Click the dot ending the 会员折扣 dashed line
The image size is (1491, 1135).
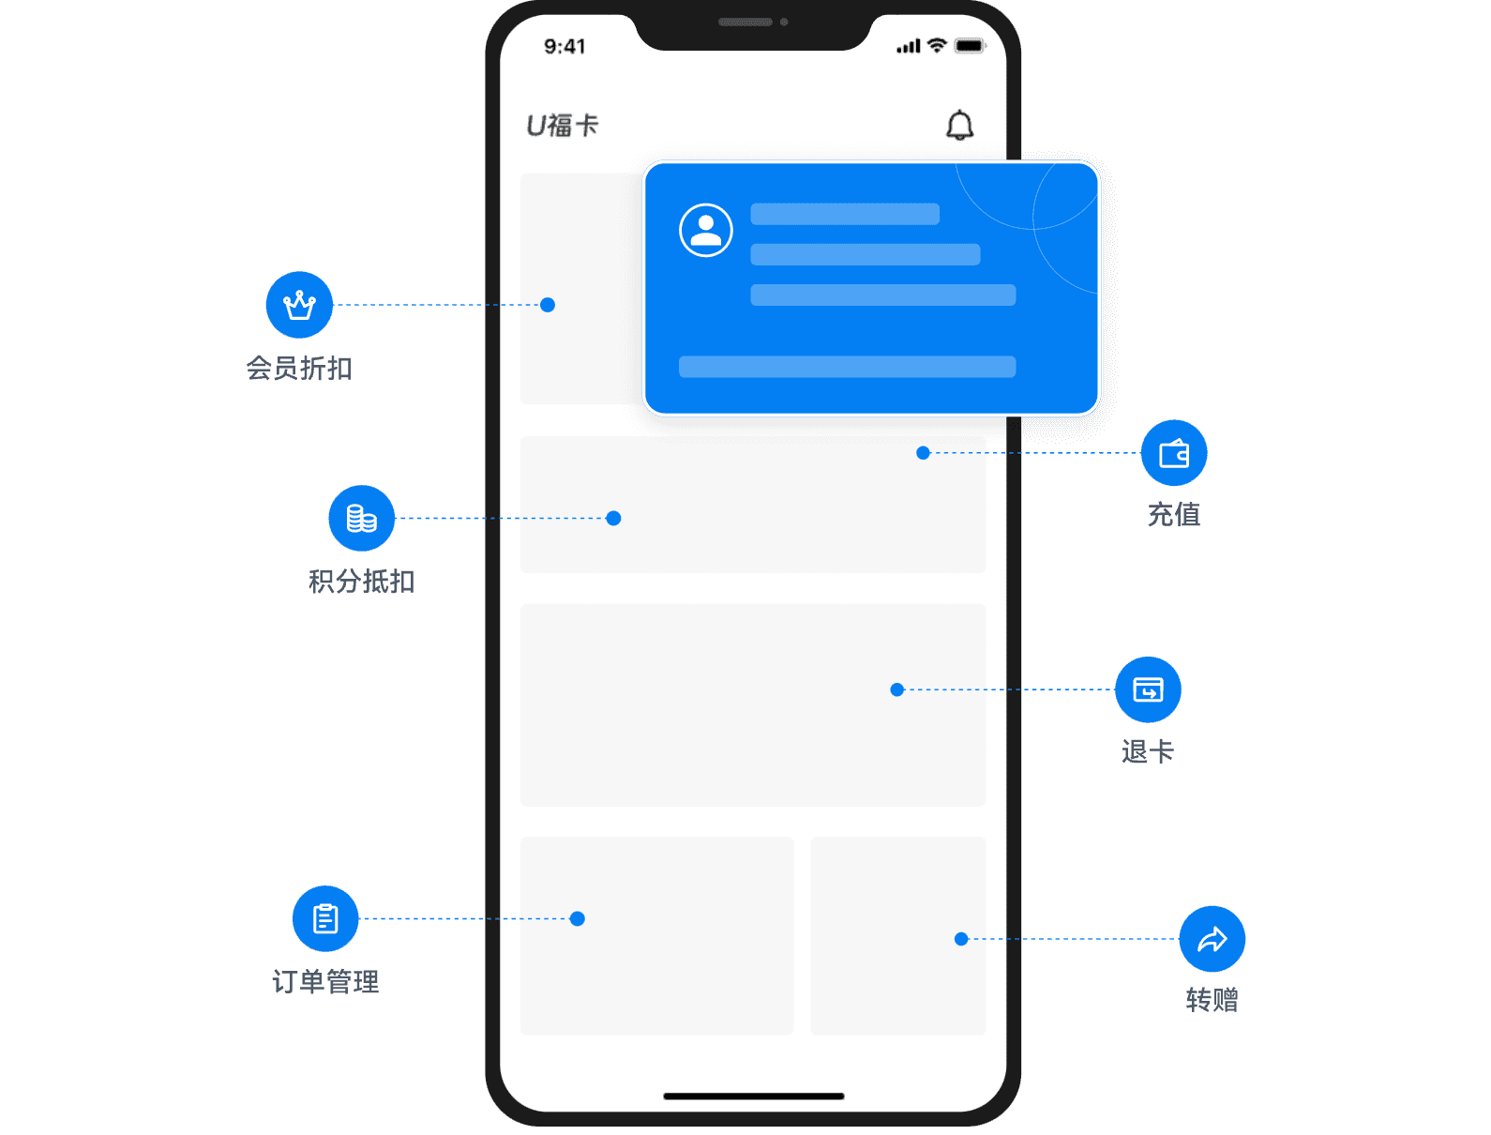coord(548,305)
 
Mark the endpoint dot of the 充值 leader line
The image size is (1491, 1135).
coord(923,453)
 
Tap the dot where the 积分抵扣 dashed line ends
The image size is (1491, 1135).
coord(613,519)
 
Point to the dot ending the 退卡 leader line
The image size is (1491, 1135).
coord(897,690)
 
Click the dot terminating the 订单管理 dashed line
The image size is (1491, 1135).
coord(578,919)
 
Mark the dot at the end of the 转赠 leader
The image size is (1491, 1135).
coord(961,939)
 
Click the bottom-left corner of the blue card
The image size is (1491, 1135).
coord(646,413)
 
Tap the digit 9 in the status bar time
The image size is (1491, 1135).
coord(550,46)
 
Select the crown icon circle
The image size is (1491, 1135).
coord(299,305)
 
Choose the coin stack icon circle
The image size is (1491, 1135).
coord(361,519)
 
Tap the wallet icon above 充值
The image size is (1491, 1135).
coord(1174,453)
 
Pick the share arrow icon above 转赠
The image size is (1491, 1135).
coord(1212,939)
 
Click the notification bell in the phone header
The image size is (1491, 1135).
coord(960,125)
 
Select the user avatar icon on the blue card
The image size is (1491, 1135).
coord(706,230)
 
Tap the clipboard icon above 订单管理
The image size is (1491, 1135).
coord(325,919)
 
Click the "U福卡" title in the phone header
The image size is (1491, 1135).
coord(563,126)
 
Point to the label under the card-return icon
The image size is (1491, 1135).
coord(1148,752)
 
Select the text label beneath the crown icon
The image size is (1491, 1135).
coord(299,368)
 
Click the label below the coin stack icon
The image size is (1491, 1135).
coord(361,582)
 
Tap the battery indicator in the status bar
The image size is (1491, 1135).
coord(970,46)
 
